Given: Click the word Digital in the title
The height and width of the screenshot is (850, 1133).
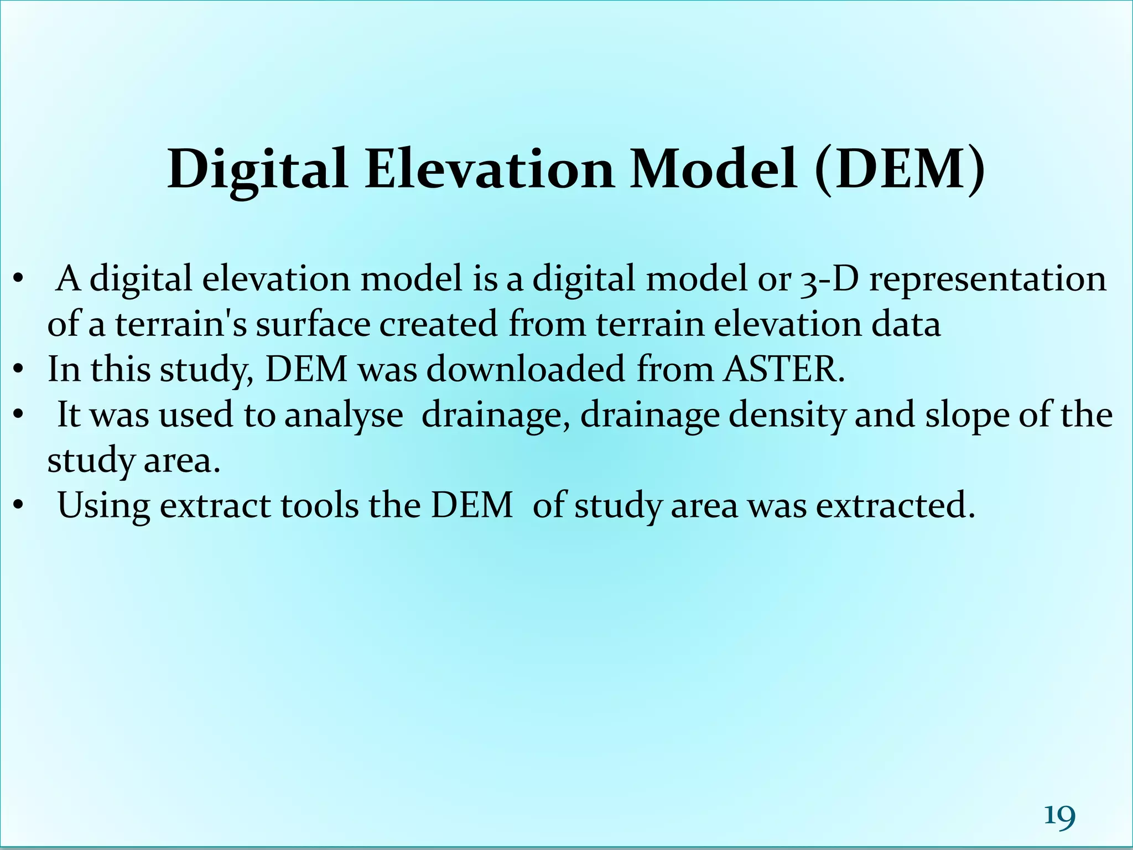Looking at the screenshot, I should point(257,170).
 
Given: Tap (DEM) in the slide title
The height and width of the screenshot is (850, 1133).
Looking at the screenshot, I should point(900,169).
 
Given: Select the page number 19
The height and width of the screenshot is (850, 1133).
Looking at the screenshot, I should point(1059,816).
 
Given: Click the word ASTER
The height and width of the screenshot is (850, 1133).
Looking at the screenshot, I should point(784,369).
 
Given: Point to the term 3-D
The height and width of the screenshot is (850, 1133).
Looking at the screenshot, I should point(829,279).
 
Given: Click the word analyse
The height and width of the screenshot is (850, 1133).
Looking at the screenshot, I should point(344,416).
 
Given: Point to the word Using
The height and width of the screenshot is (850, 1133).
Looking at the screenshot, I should point(103,506).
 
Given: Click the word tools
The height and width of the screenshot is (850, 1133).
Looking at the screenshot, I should point(320,505).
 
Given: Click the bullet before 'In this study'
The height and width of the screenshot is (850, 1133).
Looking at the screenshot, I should point(19,369).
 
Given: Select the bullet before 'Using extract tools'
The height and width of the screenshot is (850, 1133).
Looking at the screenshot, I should point(19,505).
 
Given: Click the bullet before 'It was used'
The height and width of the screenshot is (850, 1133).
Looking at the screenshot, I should point(19,414).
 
